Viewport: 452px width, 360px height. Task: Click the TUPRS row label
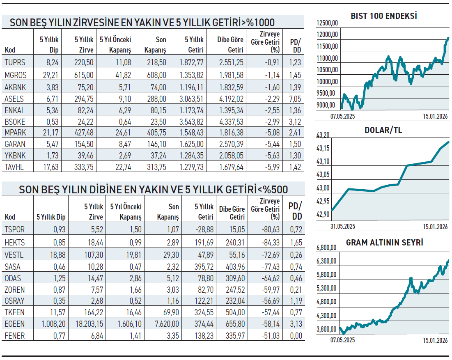click(x=15, y=62)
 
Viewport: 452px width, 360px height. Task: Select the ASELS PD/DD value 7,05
click(x=295, y=99)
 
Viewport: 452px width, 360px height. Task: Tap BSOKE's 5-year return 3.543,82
click(x=192, y=122)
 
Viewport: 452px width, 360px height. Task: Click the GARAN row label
click(x=15, y=144)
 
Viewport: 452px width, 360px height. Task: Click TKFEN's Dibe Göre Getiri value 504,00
click(x=235, y=312)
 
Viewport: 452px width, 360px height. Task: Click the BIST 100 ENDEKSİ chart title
click(x=383, y=16)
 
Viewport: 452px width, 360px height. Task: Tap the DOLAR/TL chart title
click(x=383, y=131)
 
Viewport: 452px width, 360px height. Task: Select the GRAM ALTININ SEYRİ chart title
click(x=384, y=243)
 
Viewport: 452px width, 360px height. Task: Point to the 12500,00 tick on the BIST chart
click(x=327, y=23)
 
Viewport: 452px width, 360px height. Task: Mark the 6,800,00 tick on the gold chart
click(x=327, y=248)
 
